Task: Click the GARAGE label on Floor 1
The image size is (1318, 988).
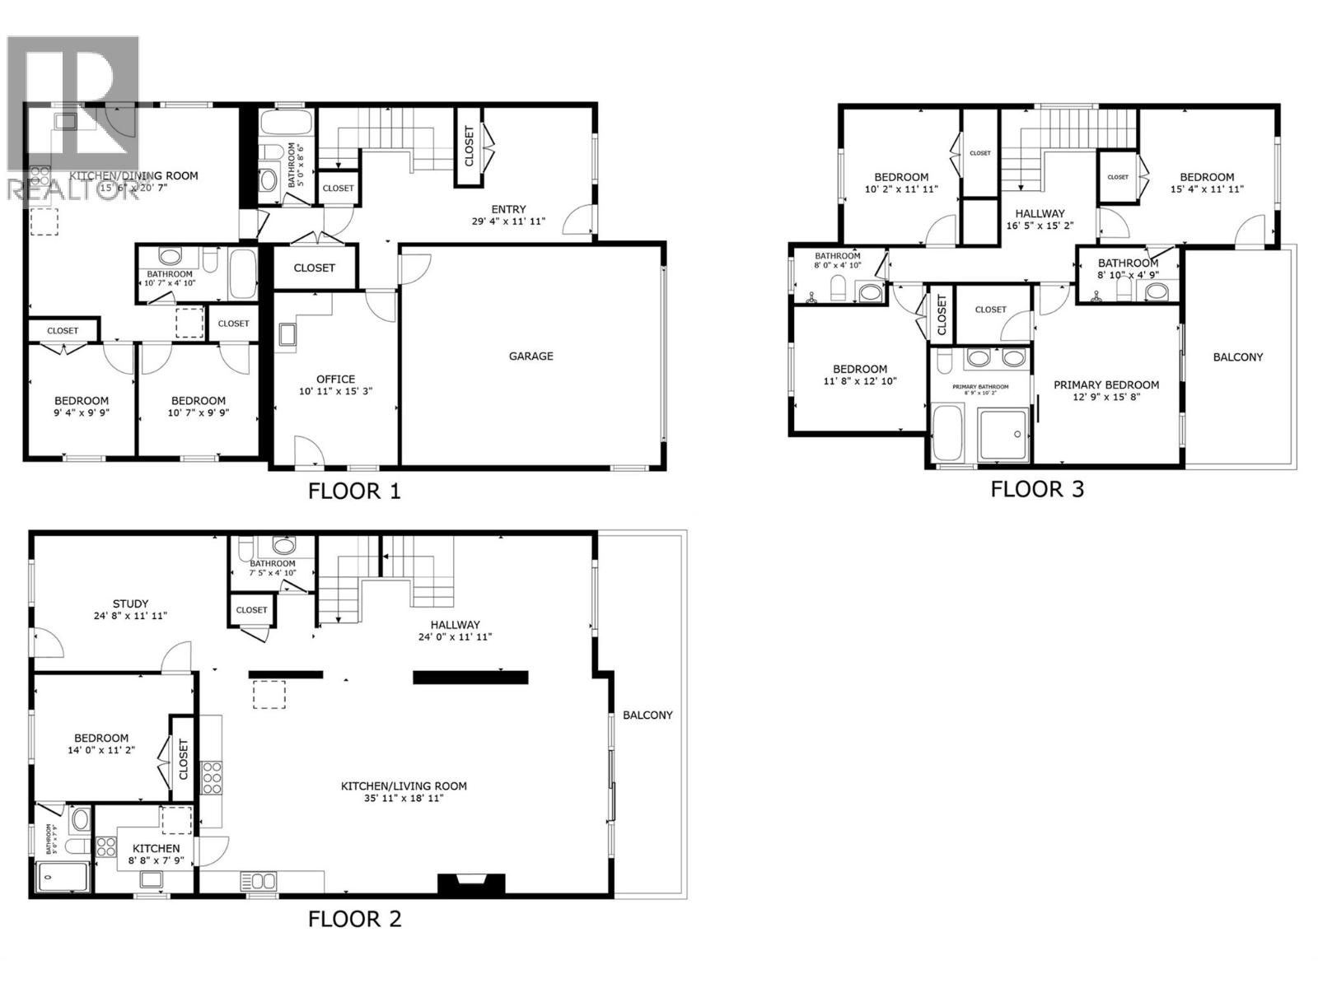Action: [x=530, y=356]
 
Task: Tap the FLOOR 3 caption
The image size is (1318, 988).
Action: [x=1037, y=489]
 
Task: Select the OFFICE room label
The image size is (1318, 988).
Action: [x=335, y=379]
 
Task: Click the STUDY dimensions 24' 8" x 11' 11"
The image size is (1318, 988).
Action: [x=131, y=616]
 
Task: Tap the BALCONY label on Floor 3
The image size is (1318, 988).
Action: [x=1237, y=357]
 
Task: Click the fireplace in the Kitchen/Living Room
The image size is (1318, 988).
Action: [x=471, y=884]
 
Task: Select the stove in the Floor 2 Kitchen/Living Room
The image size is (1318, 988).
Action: [x=212, y=777]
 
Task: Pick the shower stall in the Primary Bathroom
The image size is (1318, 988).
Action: [x=1004, y=434]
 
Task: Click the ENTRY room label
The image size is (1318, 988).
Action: [x=508, y=209]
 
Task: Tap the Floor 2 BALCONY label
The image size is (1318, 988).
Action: [x=647, y=715]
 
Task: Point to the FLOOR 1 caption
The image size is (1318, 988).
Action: [x=354, y=492]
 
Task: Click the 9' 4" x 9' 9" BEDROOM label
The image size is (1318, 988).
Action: [x=82, y=401]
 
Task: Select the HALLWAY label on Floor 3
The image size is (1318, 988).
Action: [x=1040, y=213]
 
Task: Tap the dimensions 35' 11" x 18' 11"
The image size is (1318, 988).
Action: [x=404, y=798]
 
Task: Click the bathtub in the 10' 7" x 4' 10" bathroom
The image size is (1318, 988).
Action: [x=243, y=273]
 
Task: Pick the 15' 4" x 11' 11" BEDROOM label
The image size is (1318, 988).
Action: [x=1207, y=177]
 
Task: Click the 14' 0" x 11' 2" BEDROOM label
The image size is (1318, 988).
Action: [x=101, y=739]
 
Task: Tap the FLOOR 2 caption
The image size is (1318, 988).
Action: [x=354, y=919]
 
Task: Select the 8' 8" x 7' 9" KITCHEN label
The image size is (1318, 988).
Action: [x=156, y=848]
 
